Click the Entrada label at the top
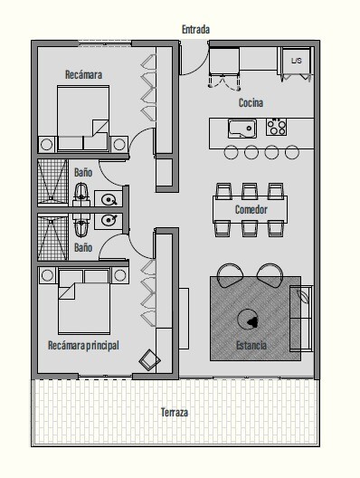click(x=196, y=30)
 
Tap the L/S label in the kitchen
click(x=296, y=61)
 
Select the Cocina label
click(x=251, y=102)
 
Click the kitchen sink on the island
click(x=242, y=129)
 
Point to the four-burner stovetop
click(x=276, y=127)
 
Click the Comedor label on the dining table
click(x=251, y=209)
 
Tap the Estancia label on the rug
click(x=251, y=346)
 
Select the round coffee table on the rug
click(x=248, y=320)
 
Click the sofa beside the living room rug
click(x=301, y=319)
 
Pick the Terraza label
click(x=175, y=413)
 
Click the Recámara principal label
click(x=83, y=346)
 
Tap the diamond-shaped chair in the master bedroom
click(x=149, y=360)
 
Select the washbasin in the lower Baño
click(x=109, y=220)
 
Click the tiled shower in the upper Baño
click(x=52, y=182)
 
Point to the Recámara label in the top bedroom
click(x=83, y=75)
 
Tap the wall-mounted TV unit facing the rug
click(x=184, y=319)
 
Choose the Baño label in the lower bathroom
click(x=83, y=247)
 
